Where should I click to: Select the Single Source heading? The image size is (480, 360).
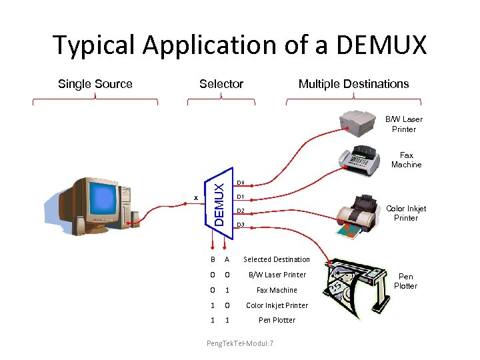coord(95,84)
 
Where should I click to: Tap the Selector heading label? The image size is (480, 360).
coord(221,84)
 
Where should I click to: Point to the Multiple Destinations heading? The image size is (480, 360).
coord(353,84)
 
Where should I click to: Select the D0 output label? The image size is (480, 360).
coord(241,183)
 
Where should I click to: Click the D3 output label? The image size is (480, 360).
coord(241,225)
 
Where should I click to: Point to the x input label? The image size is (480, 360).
coord(195,197)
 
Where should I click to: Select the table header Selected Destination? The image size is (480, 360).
coord(277,259)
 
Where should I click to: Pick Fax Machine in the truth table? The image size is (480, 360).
coord(277,290)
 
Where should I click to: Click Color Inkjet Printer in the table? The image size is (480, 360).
coord(277,305)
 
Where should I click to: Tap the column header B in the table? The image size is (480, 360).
coord(213,259)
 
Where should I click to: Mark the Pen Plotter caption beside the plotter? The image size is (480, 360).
coord(405,281)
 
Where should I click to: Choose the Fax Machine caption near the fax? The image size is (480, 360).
coord(406,159)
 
